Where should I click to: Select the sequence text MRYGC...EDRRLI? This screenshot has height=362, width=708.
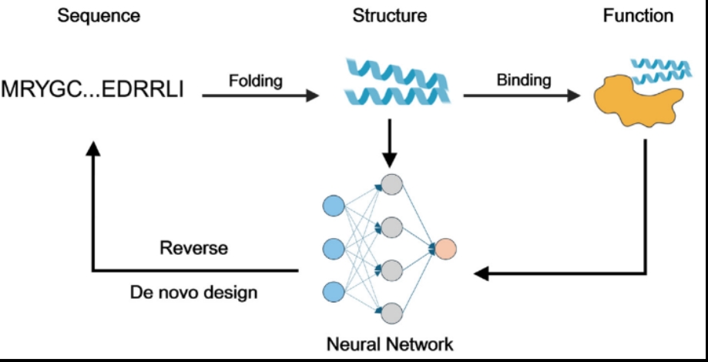pos(92,89)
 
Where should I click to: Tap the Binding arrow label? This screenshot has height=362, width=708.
pos(523,79)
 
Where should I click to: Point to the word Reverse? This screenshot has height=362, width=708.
pos(193,249)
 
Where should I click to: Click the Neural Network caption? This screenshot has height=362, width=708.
pos(390,342)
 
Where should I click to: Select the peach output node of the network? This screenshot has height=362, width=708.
pos(445,249)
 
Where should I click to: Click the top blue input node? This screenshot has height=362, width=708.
pos(333,206)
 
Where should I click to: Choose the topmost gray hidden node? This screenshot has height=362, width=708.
pos(391,186)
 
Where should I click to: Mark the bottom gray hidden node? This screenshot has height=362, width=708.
pos(391,313)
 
